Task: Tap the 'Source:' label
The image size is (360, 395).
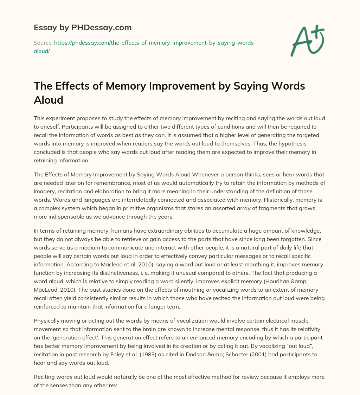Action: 43,43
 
